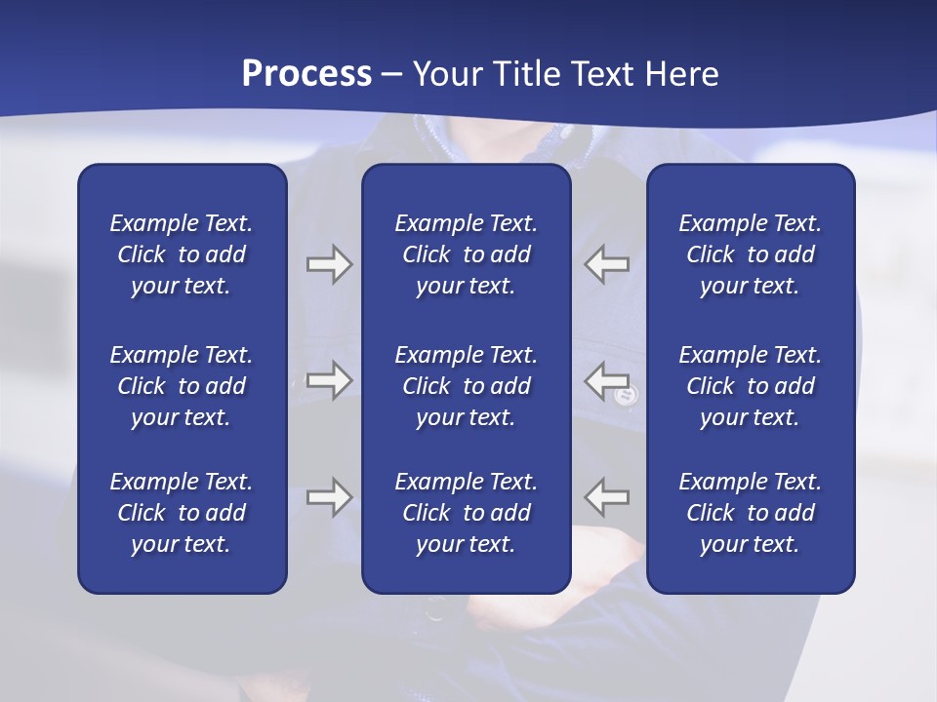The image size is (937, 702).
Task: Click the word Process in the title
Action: [306, 74]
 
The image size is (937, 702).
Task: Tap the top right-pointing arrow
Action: [329, 264]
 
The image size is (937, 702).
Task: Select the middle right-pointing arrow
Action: [329, 380]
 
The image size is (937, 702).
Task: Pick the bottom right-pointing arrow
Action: [329, 497]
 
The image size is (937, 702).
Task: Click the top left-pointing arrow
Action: [606, 264]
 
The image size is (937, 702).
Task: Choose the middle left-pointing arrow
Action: [606, 380]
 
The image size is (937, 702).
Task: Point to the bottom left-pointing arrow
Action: [606, 497]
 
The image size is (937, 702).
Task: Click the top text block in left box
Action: [182, 254]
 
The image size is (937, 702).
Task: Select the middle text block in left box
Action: [182, 386]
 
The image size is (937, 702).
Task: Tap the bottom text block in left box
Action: [182, 513]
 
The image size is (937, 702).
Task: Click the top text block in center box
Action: [467, 254]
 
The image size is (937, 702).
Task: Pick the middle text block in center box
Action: [467, 386]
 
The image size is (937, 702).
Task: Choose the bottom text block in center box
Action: [467, 513]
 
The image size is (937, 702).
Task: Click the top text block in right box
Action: [751, 254]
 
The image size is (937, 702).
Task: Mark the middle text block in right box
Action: [751, 386]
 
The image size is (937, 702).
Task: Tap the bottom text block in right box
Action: [751, 513]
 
